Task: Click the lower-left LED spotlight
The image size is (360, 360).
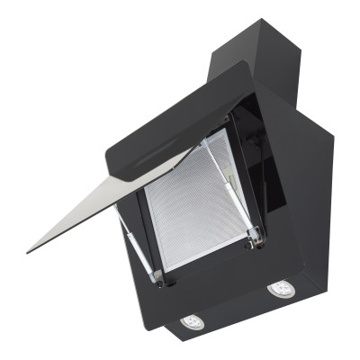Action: click(193, 320)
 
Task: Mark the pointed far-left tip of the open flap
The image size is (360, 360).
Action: click(29, 249)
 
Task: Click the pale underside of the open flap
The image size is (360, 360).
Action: click(108, 202)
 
